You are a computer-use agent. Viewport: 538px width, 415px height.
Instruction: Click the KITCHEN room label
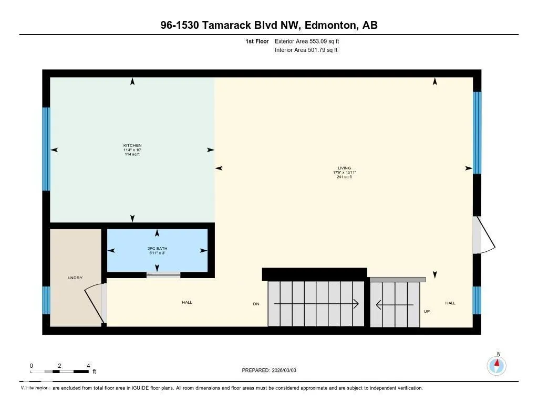[132, 145]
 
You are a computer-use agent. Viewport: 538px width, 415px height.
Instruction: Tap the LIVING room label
[345, 168]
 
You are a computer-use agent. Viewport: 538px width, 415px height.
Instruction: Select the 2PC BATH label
[157, 249]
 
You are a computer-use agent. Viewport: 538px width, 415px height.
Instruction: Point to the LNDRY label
[75, 278]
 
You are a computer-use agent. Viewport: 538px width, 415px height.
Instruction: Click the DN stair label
[256, 304]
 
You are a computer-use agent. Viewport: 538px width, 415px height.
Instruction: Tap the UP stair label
[427, 311]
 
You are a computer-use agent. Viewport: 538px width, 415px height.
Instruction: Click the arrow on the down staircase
[316, 304]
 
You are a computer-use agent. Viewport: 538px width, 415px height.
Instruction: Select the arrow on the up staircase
[395, 304]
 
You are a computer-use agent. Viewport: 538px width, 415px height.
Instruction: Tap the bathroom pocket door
[163, 274]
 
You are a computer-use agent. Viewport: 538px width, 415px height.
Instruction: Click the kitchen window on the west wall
[46, 148]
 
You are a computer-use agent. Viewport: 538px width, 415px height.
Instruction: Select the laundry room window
[46, 300]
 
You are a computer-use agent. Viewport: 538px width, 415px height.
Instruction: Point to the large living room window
[477, 133]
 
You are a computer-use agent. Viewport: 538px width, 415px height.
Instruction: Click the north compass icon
[496, 366]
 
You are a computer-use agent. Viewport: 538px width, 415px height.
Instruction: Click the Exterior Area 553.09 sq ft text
[307, 41]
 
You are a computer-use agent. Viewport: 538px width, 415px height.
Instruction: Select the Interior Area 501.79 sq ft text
[306, 50]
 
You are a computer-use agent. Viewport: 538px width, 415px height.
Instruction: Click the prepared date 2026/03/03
[284, 370]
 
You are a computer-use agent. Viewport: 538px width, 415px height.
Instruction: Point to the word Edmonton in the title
[330, 25]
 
